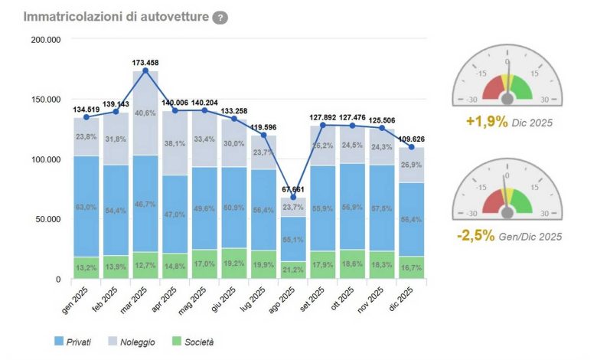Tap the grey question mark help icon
point(220,18)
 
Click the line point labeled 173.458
point(145,70)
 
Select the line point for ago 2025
point(293,198)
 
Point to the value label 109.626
point(413,139)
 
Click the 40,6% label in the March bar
point(145,113)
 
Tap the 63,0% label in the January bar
point(86,207)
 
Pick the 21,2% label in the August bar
point(293,269)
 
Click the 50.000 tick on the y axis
point(47,219)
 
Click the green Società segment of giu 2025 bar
point(234,263)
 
